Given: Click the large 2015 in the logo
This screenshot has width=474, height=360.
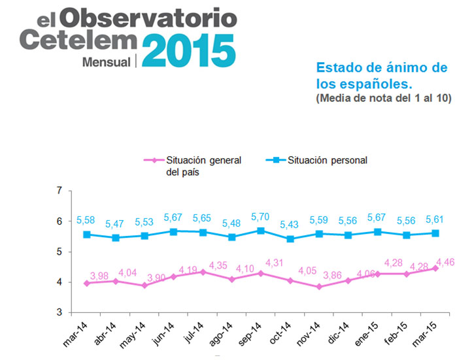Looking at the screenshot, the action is pyautogui.click(x=189, y=50).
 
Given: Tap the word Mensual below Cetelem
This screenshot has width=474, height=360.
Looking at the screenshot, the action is pyautogui.click(x=107, y=62).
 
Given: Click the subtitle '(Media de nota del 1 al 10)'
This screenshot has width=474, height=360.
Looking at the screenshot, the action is pyautogui.click(x=384, y=98).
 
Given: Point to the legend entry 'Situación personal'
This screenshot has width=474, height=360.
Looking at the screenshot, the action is pyautogui.click(x=316, y=160).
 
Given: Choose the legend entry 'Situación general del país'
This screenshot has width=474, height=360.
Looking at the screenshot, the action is pyautogui.click(x=193, y=166).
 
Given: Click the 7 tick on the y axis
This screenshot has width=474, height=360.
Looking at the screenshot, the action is pyautogui.click(x=59, y=191).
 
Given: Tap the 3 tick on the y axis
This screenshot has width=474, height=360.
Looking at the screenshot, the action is pyautogui.click(x=59, y=312).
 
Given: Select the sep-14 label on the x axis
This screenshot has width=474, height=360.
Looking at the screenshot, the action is pyautogui.click(x=249, y=334).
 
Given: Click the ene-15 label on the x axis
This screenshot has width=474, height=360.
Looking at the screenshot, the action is pyautogui.click(x=366, y=334).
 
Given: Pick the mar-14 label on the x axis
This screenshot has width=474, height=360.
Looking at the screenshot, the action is pyautogui.click(x=75, y=335).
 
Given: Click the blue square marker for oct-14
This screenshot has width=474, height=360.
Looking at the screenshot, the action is pyautogui.click(x=290, y=239).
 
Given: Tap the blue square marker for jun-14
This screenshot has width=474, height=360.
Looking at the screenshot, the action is pyautogui.click(x=173, y=232).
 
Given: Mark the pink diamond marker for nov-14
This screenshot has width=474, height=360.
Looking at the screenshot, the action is pyautogui.click(x=319, y=287).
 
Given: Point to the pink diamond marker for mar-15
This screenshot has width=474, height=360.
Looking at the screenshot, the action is pyautogui.click(x=435, y=268).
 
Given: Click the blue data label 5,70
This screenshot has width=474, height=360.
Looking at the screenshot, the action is pyautogui.click(x=260, y=217).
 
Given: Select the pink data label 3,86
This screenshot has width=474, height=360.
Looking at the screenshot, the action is pyautogui.click(x=332, y=275).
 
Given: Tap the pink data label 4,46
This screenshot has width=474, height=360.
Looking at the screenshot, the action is pyautogui.click(x=445, y=262).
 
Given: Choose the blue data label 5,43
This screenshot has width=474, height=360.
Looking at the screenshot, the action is pyautogui.click(x=289, y=224).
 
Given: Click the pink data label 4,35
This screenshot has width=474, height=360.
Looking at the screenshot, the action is pyautogui.click(x=218, y=265).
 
